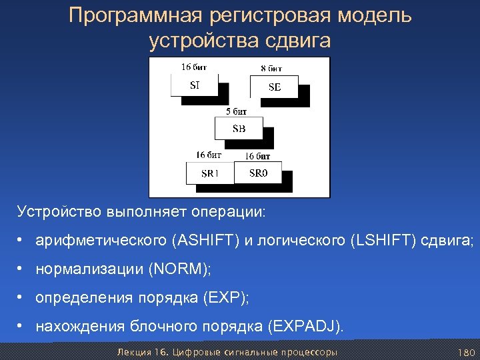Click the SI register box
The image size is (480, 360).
(x=194, y=85)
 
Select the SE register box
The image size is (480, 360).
(x=274, y=87)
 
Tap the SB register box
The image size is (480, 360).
(x=238, y=129)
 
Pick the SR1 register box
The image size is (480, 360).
(x=209, y=173)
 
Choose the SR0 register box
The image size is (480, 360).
(x=257, y=173)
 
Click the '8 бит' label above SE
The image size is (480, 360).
(x=271, y=68)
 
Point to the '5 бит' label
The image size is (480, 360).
(x=237, y=111)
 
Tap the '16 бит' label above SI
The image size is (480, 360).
(x=194, y=67)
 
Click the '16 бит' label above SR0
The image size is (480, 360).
(x=257, y=156)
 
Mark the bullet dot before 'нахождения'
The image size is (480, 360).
(x=22, y=326)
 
